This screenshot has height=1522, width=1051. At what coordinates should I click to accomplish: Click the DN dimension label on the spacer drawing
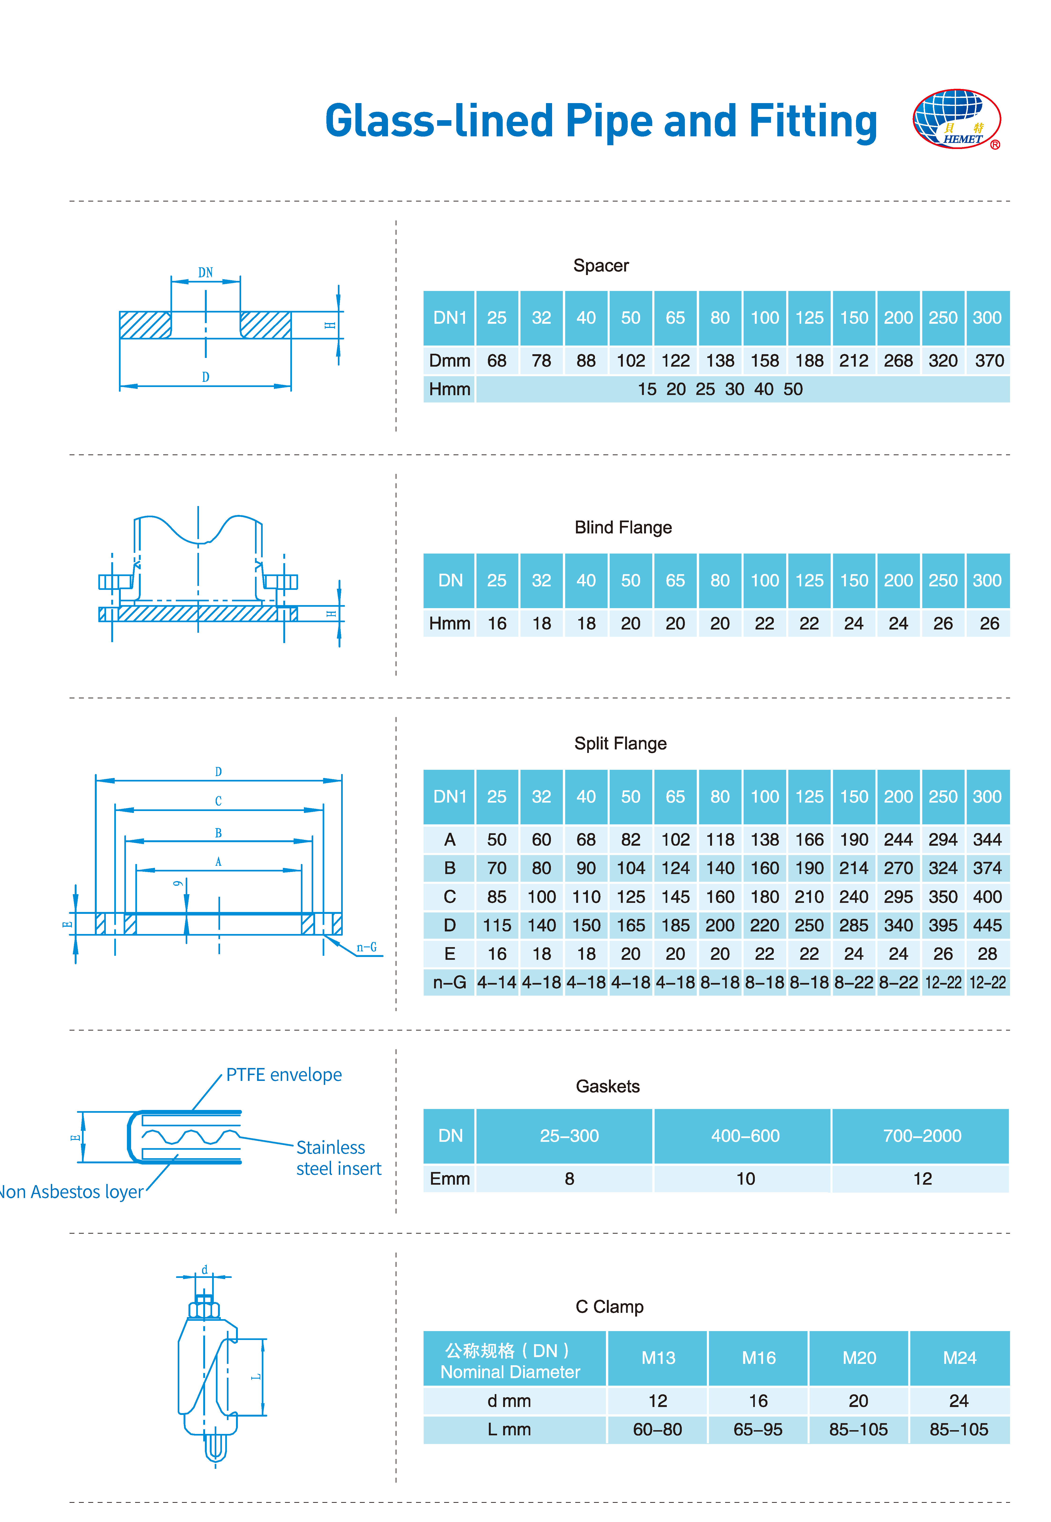206,272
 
